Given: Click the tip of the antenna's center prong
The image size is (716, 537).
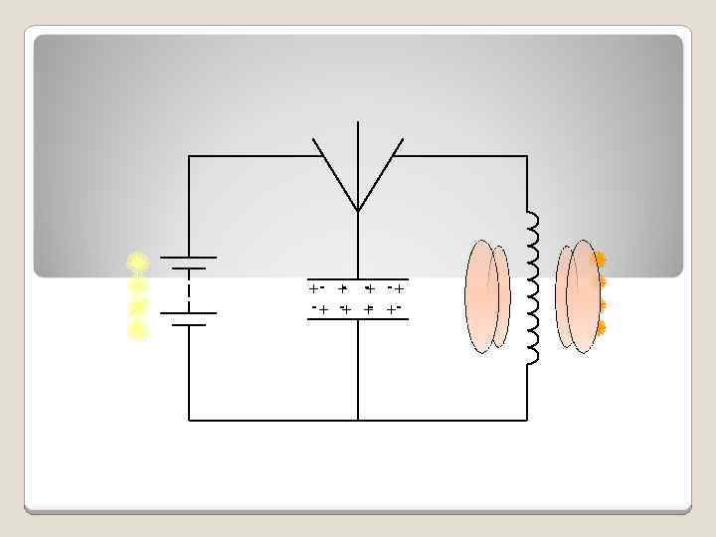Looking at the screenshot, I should click(358, 123).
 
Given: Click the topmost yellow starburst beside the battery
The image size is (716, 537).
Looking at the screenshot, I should click(138, 263).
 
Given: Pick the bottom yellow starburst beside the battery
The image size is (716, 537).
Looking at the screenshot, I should click(138, 330).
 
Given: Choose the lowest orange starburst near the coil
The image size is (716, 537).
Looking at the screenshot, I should click(600, 327).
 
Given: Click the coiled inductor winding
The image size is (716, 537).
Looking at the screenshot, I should click(534, 288).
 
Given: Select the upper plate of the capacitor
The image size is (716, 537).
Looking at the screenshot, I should click(358, 279).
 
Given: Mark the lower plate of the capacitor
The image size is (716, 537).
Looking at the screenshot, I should click(358, 319).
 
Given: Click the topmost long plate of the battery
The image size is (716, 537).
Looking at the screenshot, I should click(188, 258).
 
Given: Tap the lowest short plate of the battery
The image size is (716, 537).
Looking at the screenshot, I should click(188, 324).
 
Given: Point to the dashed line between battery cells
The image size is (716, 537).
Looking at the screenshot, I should click(188, 290).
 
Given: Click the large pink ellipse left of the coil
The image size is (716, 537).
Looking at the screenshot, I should click(482, 296).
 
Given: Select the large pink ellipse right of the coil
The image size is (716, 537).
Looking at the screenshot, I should click(583, 296).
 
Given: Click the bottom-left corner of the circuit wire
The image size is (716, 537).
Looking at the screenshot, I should click(189, 420).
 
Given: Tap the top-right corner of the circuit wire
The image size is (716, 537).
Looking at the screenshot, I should click(526, 156).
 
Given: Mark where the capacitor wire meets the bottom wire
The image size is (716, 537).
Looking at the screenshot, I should click(358, 420).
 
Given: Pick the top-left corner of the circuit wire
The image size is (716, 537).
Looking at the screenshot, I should click(189, 156).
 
